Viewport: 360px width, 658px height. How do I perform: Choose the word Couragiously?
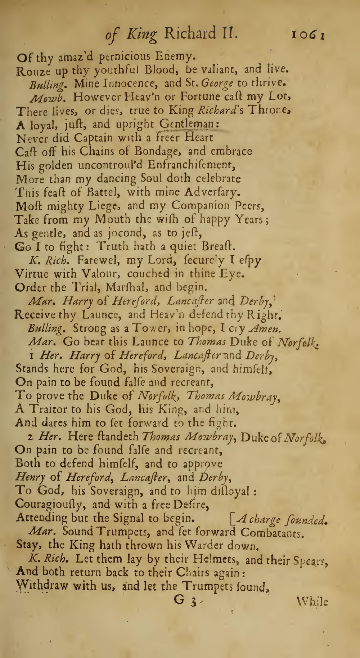[50, 504]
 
